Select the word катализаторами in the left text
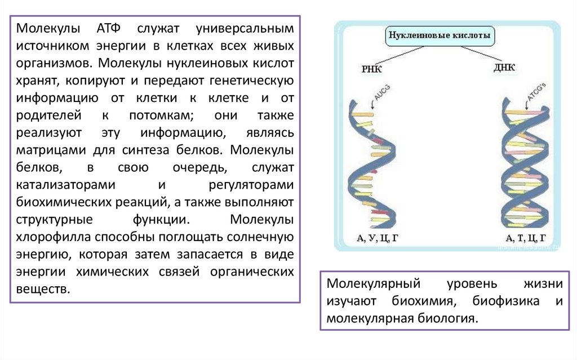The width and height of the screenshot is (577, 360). click(66, 184)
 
